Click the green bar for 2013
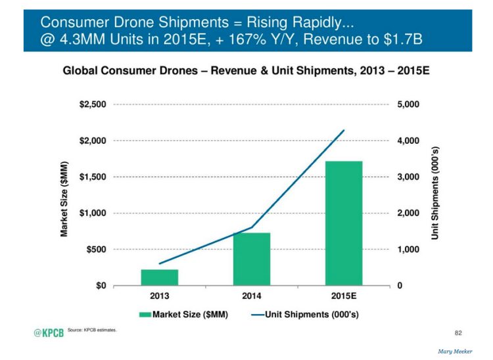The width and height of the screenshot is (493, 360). [159, 277]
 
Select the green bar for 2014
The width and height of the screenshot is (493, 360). [252, 259]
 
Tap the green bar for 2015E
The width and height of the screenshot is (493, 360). [344, 223]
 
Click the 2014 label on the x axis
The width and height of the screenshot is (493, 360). [252, 296]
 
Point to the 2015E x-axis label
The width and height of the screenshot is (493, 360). [344, 296]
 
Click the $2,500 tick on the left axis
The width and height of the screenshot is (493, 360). [93, 104]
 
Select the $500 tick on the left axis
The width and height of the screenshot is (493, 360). [97, 250]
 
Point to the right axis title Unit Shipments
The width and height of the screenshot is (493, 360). [435, 193]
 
